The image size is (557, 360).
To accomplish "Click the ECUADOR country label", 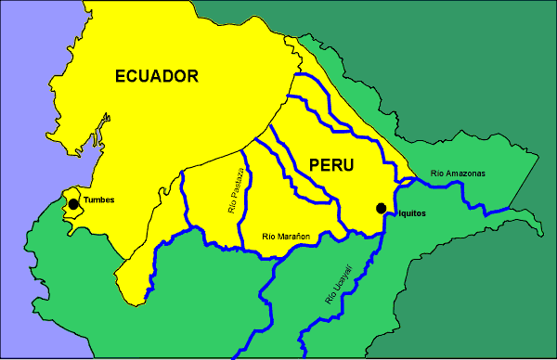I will pyautogui.click(x=157, y=77).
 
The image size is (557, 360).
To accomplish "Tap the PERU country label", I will pyautogui.click(x=332, y=165).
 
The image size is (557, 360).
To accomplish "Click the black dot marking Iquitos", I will pyautogui.click(x=381, y=209).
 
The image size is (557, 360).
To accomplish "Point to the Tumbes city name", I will pyautogui.click(x=99, y=200).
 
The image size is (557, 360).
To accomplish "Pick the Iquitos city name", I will pyautogui.click(x=409, y=213).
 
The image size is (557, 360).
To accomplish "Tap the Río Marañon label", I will pyautogui.click(x=286, y=238).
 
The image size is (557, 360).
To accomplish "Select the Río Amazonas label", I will pyautogui.click(x=458, y=173).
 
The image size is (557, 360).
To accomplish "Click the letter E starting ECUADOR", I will pyautogui.click(x=121, y=77).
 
